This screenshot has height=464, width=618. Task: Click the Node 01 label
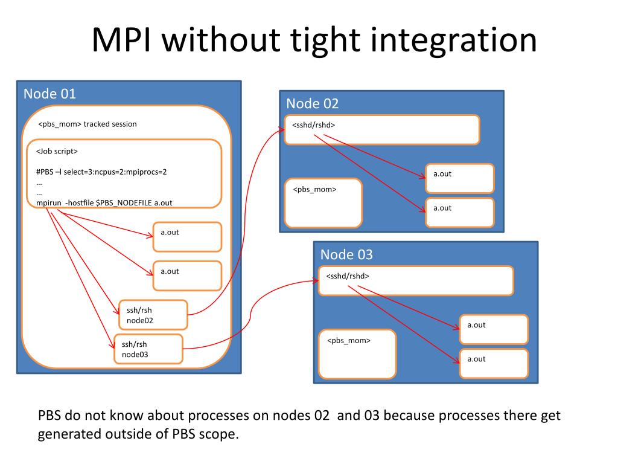[x=49, y=94]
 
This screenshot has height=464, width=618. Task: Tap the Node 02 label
[x=313, y=104]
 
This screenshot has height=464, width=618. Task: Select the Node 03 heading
[x=346, y=255]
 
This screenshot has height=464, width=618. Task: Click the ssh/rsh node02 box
[x=153, y=315]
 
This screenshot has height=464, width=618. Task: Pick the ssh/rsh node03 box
[x=148, y=349]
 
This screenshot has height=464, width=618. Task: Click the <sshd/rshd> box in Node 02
[x=382, y=130]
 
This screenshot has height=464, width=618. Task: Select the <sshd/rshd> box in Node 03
[x=416, y=281]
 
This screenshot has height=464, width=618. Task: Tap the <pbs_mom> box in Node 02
[x=323, y=203]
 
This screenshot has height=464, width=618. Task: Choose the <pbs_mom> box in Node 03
[x=357, y=354]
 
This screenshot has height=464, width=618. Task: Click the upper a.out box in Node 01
[x=188, y=237]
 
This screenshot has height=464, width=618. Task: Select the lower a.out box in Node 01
[x=188, y=275]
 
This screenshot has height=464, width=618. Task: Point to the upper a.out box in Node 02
[x=460, y=178]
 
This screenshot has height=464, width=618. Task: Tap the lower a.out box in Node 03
[x=494, y=364]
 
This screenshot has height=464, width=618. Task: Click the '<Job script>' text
[x=57, y=152]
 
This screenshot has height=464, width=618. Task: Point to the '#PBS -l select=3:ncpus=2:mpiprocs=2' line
[x=101, y=172]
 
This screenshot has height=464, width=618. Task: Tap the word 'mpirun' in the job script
[x=49, y=203]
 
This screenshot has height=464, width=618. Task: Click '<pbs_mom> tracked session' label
[x=88, y=124]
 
